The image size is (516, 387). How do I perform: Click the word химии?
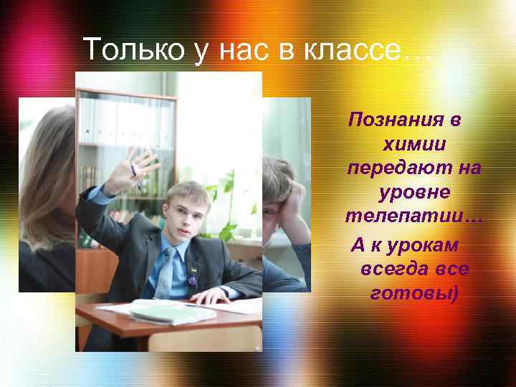(415, 144)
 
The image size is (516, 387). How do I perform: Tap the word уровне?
(414, 193)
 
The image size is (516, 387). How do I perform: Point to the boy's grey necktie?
(166, 272)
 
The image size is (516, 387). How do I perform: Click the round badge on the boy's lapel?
(193, 282)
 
